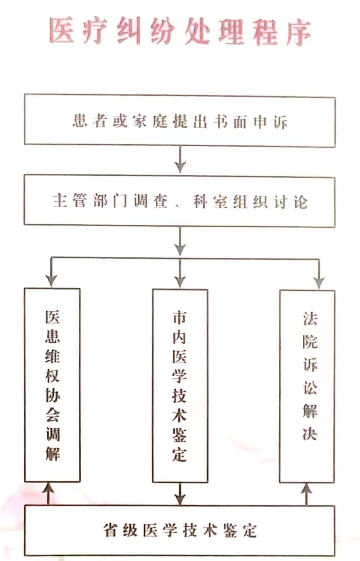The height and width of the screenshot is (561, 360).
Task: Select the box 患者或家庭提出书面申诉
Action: pos(180,121)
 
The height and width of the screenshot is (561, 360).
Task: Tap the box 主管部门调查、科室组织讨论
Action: pos(179,201)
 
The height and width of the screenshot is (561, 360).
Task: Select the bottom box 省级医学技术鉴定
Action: pos(180,530)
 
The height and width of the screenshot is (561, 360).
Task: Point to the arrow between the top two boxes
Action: pos(180,160)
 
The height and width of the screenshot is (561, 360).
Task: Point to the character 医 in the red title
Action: pos(61,30)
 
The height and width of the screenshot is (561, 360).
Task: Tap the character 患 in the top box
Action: pos(80,120)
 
